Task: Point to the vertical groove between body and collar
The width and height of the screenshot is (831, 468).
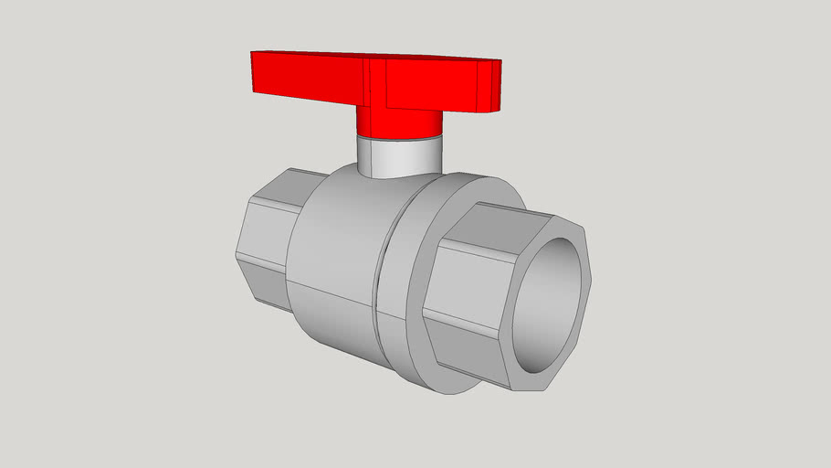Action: [x=380, y=274]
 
